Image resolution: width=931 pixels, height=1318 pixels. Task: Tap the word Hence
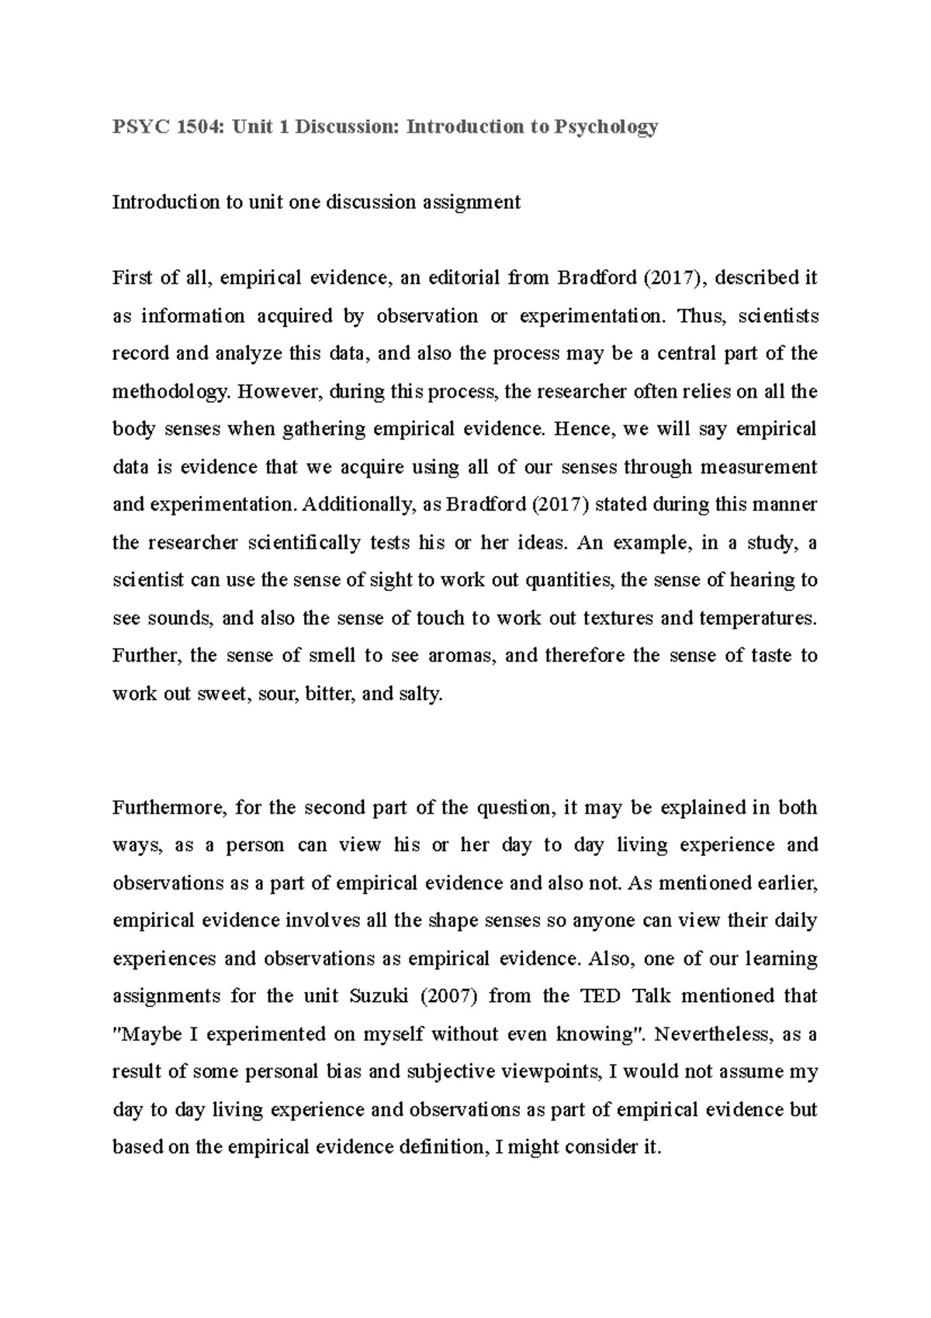click(580, 429)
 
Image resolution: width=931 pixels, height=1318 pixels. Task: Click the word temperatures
click(758, 618)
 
